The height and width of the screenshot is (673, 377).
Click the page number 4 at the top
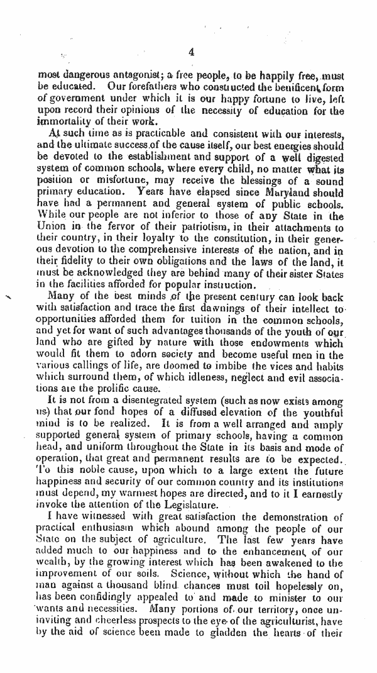click(x=191, y=52)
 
